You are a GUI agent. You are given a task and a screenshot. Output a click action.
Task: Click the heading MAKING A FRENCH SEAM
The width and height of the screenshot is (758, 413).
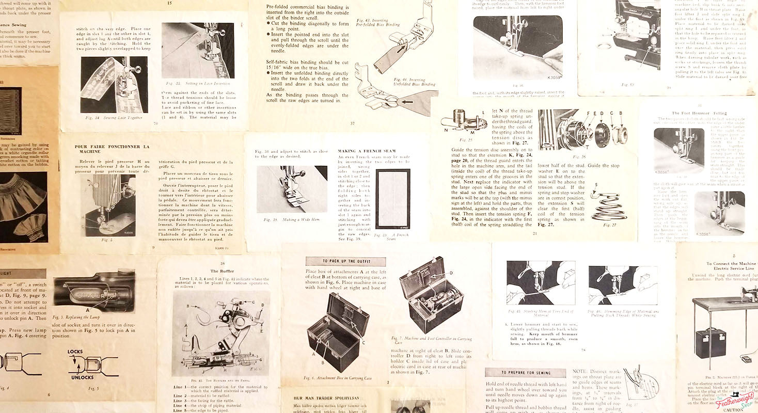367,151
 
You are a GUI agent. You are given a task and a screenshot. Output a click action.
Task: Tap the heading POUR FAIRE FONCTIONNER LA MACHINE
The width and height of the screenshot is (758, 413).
112,149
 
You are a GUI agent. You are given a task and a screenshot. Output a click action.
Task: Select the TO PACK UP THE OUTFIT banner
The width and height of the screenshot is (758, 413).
345,262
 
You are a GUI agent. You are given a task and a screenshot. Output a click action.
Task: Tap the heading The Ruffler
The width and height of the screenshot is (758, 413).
222,271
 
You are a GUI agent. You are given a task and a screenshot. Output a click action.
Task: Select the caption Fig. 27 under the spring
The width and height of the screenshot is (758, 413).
610,225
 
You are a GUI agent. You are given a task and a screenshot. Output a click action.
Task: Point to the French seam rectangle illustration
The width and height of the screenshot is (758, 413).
392,199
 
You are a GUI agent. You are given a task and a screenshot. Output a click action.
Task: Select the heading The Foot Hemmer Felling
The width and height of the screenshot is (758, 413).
699,113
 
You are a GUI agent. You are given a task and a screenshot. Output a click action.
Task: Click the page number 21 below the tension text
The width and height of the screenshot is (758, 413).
535,234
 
